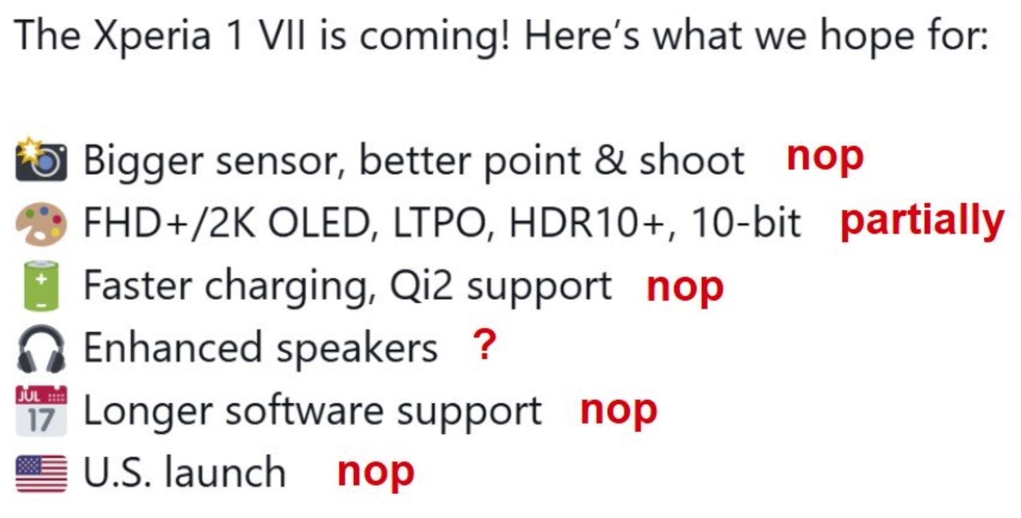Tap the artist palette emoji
point(41,224)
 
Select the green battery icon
point(41,286)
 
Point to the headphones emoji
point(41,349)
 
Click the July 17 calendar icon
point(41,411)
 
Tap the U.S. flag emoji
point(41,474)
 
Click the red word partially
point(922,221)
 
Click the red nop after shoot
point(825,158)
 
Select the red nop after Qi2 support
point(685,289)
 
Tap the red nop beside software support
point(618,412)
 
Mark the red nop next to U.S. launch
point(375,473)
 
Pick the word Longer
point(148,412)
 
